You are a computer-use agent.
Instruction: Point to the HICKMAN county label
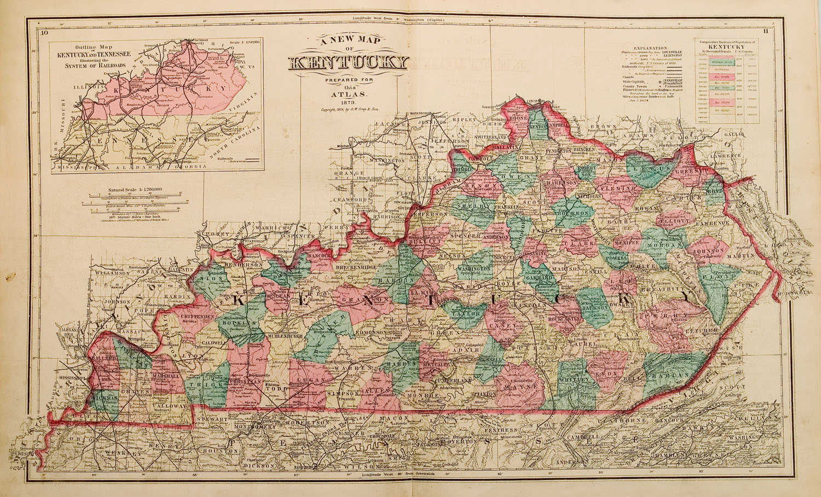point(104,400)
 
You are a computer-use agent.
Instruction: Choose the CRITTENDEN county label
point(187,317)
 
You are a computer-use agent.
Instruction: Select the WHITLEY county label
point(574,378)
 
